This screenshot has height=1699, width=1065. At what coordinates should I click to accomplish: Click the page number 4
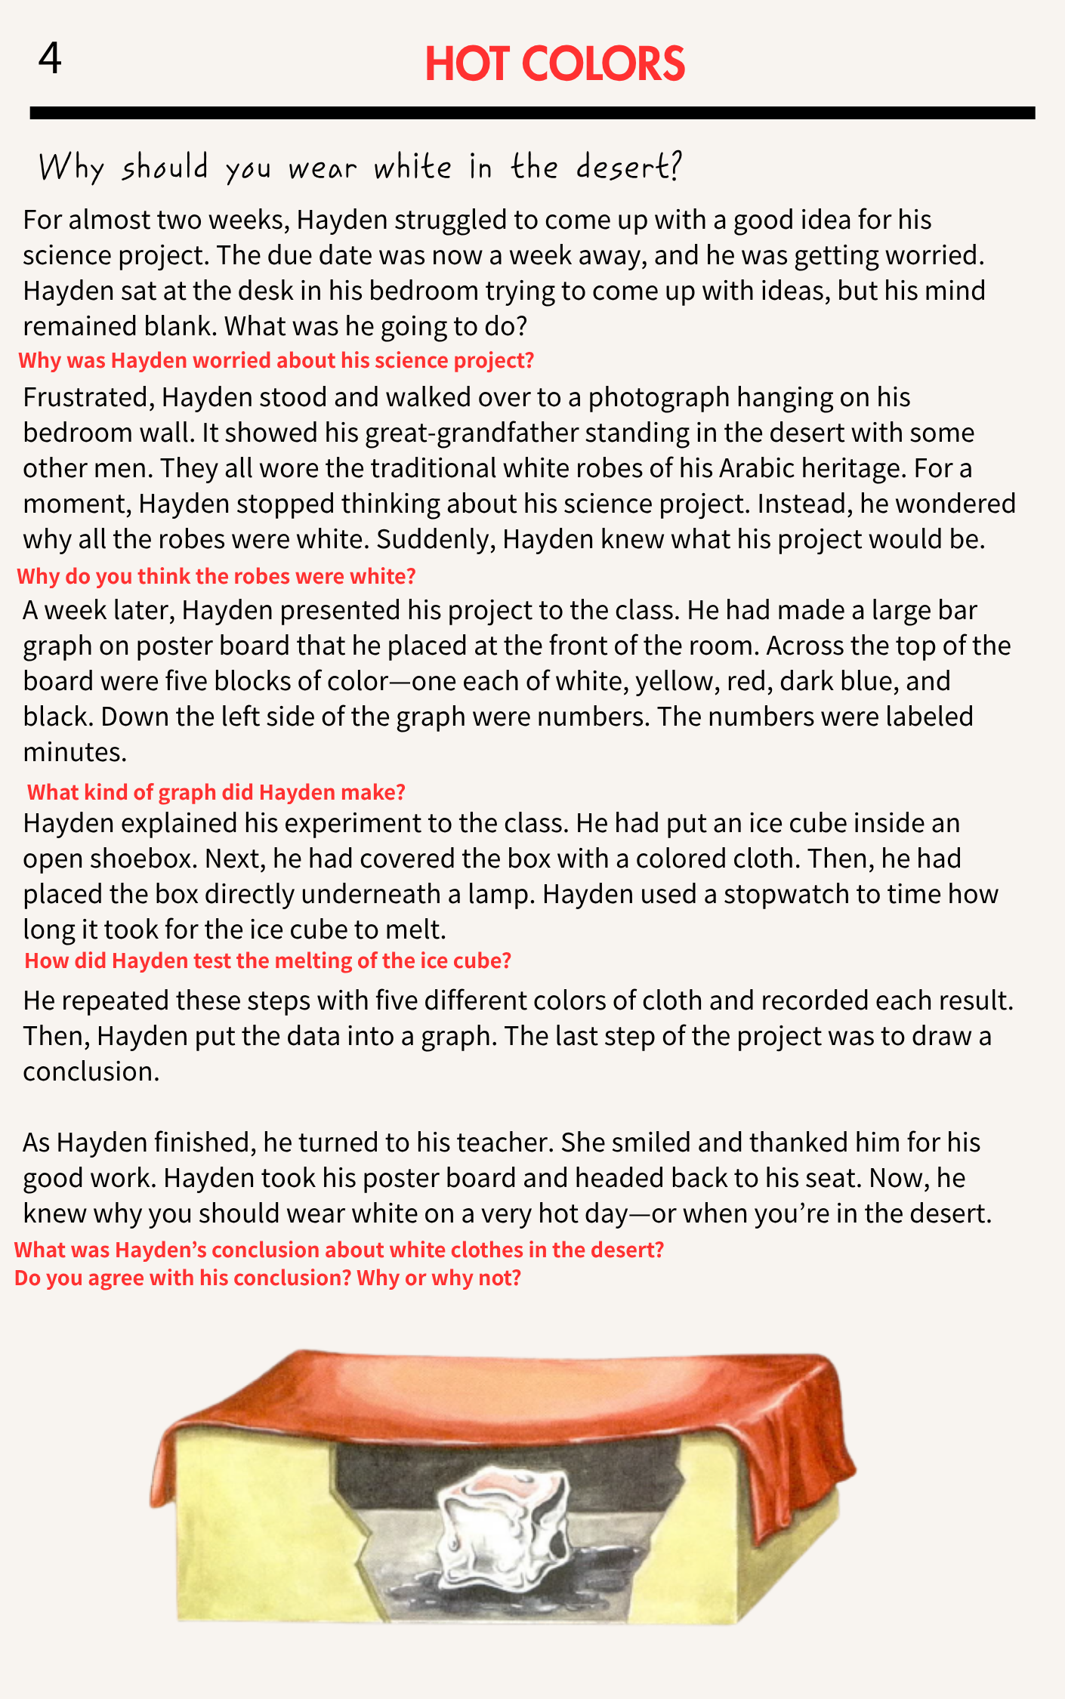[x=50, y=58]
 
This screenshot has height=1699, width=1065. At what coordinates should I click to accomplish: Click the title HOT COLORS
[x=554, y=64]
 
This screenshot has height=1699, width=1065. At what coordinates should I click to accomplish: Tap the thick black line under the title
[x=532, y=113]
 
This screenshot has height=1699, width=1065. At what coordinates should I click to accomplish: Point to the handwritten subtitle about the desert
[x=360, y=167]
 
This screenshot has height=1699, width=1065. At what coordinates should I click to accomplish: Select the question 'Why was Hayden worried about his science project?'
[x=276, y=361]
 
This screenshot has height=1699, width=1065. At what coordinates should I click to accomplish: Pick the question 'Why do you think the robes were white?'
[x=216, y=577]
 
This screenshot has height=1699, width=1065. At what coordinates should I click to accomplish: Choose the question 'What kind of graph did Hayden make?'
[x=216, y=792]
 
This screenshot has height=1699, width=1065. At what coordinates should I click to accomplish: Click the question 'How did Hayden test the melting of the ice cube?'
[x=267, y=961]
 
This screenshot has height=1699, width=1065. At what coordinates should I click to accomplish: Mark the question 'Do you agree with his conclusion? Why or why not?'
[x=267, y=1278]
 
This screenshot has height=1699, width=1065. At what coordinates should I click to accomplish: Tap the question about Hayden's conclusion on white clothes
[x=338, y=1250]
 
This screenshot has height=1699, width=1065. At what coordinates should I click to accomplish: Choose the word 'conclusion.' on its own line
[x=91, y=1072]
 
